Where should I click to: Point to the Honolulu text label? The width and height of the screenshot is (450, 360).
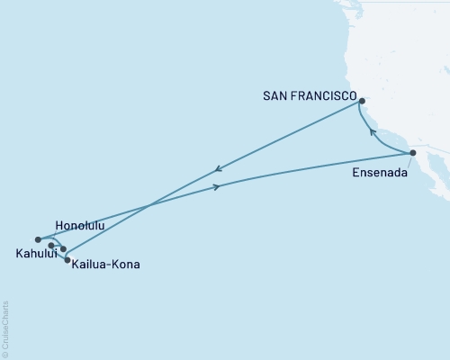(80, 225)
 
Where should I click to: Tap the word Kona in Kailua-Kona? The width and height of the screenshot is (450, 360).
(127, 265)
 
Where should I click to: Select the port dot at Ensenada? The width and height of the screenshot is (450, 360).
(412, 153)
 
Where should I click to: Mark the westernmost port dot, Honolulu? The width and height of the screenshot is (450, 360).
(38, 239)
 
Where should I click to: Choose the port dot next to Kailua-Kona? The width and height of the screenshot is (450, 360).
(67, 260)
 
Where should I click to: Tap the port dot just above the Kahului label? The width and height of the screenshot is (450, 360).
(51, 245)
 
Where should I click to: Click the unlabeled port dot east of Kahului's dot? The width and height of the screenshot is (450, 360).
(63, 248)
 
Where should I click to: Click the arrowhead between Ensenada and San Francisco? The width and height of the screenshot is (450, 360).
(373, 132)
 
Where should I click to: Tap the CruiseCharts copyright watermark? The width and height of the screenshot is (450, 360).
(4, 328)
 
